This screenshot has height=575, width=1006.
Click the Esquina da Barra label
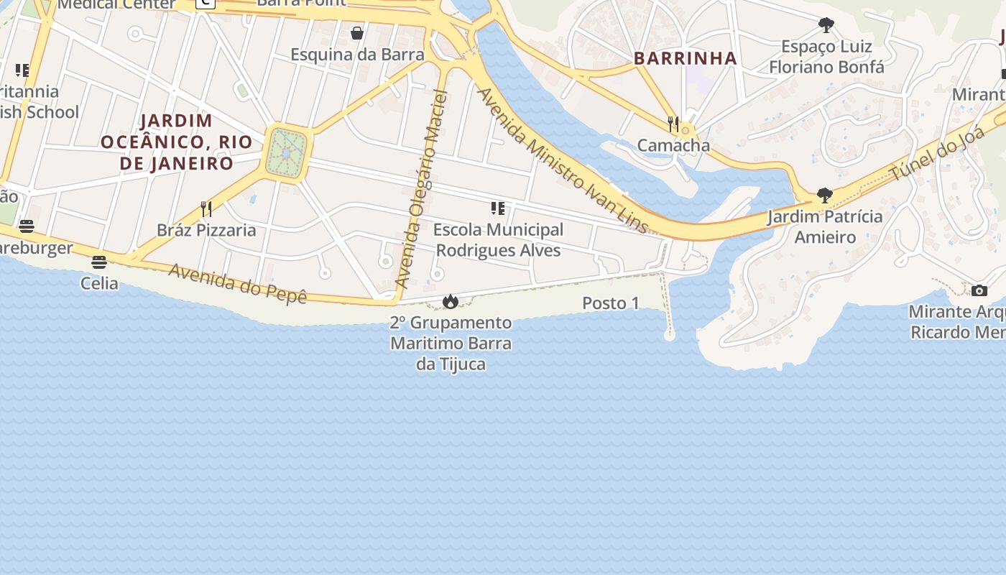357,55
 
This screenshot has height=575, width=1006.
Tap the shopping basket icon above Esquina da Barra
357,33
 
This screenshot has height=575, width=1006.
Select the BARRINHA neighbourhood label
686,59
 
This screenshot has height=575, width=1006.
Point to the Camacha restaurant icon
673,124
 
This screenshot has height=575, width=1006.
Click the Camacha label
673,145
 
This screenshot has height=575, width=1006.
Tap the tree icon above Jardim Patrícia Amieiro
824,195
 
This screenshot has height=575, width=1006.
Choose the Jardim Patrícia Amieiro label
824,226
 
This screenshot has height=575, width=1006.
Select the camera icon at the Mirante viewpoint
979,290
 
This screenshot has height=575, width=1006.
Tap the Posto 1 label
610,303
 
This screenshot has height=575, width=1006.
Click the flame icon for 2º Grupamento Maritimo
451,301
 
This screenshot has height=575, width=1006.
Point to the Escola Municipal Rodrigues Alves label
498,240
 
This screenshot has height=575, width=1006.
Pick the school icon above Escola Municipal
497,208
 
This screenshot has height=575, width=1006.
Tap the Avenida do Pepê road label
238,283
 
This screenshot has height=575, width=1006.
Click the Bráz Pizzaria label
206,230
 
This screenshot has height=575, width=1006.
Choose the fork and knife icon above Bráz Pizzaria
206,208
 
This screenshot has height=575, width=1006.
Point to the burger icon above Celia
99,262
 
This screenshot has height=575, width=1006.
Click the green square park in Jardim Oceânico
287,152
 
